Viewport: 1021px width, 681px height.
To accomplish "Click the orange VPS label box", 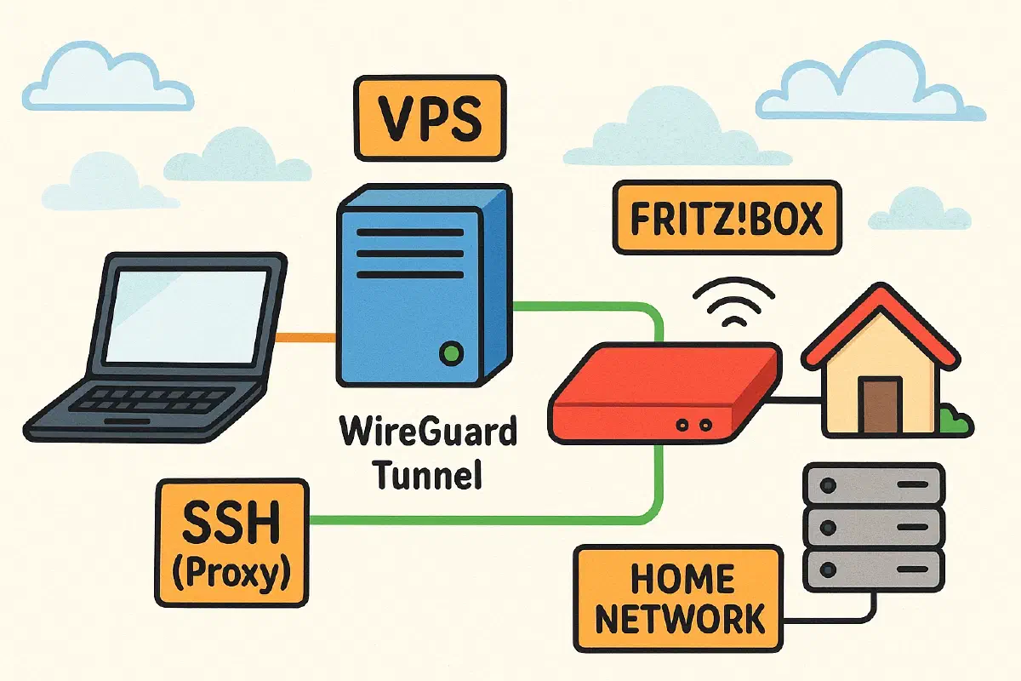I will [x=430, y=119].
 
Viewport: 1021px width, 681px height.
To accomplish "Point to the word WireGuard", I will [x=428, y=432].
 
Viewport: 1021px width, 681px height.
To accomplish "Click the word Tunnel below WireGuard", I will [x=428, y=473].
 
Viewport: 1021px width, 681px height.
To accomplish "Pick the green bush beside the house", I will [x=955, y=420].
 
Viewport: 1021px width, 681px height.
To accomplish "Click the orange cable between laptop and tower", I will [x=308, y=337].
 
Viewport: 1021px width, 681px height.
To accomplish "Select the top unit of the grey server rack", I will [x=873, y=483].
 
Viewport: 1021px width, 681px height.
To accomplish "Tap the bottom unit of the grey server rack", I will [x=873, y=565].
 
